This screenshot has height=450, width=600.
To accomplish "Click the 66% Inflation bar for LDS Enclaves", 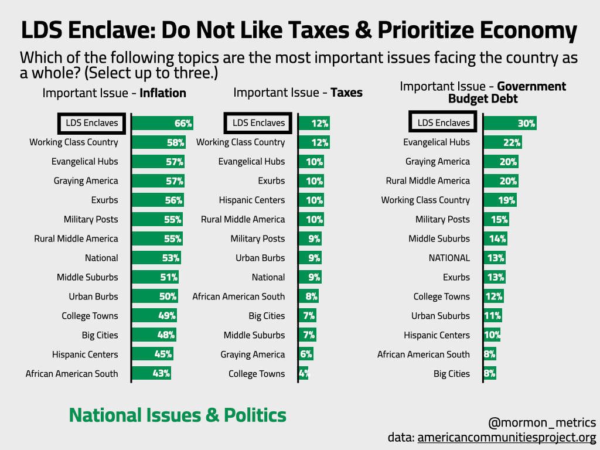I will tap(162, 123).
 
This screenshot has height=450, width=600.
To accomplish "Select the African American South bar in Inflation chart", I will tap(151, 374).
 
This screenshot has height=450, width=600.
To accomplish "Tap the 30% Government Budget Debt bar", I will tap(510, 123).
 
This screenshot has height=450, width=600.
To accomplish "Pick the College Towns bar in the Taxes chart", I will tap(303, 374).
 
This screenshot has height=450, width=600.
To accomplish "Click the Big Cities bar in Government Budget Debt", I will tap(490, 374).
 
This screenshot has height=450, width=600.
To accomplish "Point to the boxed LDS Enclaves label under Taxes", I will tap(258, 123).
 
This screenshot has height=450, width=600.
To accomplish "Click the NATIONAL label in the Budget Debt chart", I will tap(449, 258).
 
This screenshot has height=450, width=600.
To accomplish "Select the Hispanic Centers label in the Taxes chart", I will tap(252, 200).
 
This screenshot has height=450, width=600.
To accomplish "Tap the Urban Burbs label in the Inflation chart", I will tap(93, 296).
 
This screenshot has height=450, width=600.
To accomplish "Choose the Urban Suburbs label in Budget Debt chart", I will tap(441, 316).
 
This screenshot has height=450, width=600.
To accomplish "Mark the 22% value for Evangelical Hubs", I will tap(512, 142).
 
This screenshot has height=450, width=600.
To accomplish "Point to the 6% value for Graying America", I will tap(306, 354).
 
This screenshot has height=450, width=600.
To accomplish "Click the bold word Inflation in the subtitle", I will tap(163, 93).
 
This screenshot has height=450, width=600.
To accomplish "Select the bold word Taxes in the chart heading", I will tap(346, 93).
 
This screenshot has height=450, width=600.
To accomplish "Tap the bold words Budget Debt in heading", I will tap(483, 99).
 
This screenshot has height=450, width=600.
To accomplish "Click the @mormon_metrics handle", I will tap(541, 422).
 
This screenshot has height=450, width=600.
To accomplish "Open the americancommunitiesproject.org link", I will tap(506, 438).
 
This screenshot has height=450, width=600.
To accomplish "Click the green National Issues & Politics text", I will tap(178, 415).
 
